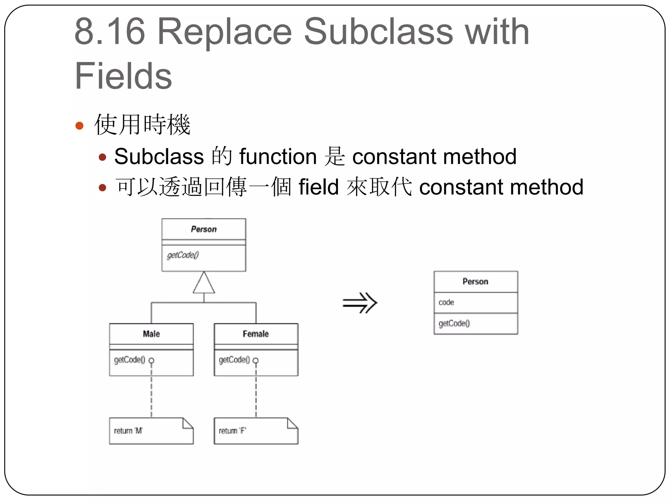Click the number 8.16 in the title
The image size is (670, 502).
[110, 32]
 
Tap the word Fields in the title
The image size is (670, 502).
[123, 76]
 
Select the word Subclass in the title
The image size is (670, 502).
[379, 32]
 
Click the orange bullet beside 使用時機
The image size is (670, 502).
[79, 125]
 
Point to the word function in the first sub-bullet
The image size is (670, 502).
[278, 157]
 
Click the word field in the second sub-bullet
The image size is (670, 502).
[318, 187]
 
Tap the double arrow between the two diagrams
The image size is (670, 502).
[360, 303]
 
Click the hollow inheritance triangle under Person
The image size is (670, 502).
[204, 283]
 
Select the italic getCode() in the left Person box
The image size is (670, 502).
[183, 255]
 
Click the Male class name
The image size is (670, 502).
[151, 334]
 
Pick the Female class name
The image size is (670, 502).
[256, 334]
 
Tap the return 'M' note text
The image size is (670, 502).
[128, 431]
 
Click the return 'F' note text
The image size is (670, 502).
[233, 431]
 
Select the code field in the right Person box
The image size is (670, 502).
[446, 302]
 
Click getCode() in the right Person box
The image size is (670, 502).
[454, 323]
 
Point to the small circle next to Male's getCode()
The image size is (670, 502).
[151, 360]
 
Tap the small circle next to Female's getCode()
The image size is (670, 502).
[256, 360]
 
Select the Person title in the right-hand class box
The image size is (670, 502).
[475, 281]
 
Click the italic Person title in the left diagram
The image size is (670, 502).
[204, 229]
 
